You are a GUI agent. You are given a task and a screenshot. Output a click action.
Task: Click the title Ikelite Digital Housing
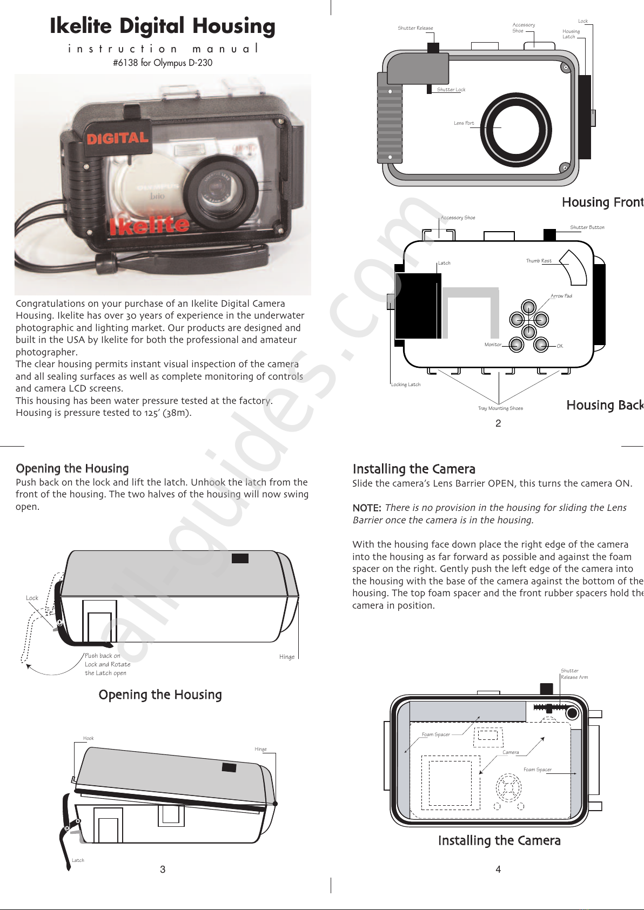tap(162, 26)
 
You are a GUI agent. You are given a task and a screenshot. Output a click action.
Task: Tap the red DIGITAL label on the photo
tap(117, 138)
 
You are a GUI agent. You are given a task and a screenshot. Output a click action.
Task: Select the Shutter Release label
tap(415, 28)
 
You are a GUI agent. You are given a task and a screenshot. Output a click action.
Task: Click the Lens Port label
tap(464, 123)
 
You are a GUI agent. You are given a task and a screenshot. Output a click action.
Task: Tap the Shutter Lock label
tap(451, 90)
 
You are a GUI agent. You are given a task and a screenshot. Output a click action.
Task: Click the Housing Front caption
tap(602, 202)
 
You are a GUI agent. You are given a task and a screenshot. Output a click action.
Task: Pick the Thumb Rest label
tap(539, 261)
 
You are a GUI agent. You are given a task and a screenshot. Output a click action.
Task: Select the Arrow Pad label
tap(561, 296)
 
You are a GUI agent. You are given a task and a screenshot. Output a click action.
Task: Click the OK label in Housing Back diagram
tap(560, 346)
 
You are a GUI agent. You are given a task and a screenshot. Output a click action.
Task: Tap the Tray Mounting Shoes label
tap(500, 408)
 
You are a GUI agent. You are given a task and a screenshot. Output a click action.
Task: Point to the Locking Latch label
tap(405, 385)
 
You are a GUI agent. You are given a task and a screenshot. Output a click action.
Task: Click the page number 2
tap(498, 423)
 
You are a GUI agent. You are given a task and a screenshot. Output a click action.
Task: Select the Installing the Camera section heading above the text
tap(414, 469)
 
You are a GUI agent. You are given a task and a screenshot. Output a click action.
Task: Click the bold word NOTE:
tap(367, 508)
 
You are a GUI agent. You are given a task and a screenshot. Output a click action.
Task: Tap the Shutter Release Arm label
tap(574, 674)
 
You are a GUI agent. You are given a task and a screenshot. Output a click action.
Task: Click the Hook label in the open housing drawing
tap(88, 738)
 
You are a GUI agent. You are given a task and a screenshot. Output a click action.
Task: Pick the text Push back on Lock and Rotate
tap(107, 660)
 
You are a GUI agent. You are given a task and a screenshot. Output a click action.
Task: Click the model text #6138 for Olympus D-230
tap(163, 63)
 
